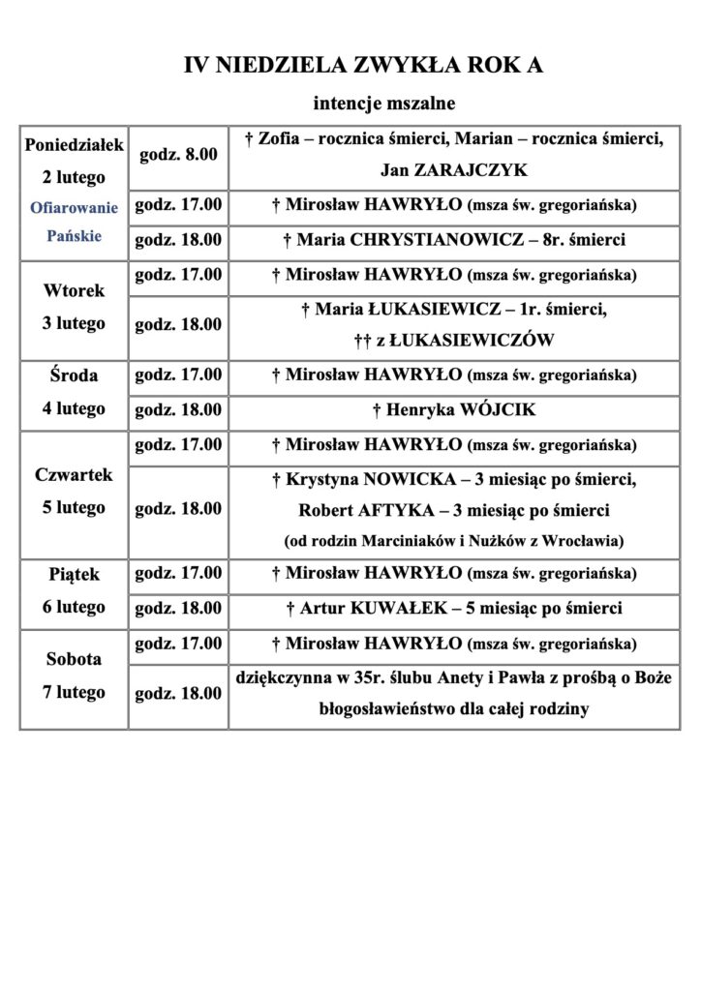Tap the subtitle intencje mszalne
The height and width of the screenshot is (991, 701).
coord(383,102)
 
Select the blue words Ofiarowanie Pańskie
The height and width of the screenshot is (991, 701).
coord(74,222)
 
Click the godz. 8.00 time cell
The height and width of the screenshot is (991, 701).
coord(178,154)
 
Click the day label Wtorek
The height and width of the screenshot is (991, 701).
coord(74,290)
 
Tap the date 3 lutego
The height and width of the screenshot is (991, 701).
coord(74,323)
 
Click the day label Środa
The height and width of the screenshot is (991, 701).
coord(74,375)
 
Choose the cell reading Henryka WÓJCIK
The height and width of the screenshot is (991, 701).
coord(454,410)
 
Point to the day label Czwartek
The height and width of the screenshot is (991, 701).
coord(74,475)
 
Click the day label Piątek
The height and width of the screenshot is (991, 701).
coord(74,575)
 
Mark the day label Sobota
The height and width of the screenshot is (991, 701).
coord(74,660)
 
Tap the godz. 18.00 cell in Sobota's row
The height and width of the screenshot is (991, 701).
coord(178,693)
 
